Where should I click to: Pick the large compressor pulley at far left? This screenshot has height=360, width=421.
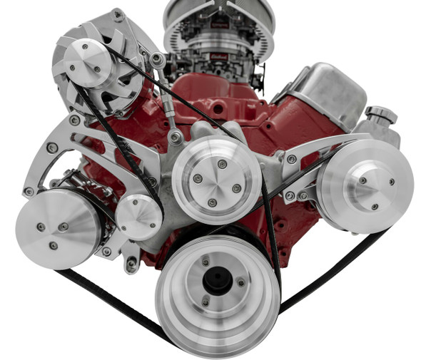point(57,228)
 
